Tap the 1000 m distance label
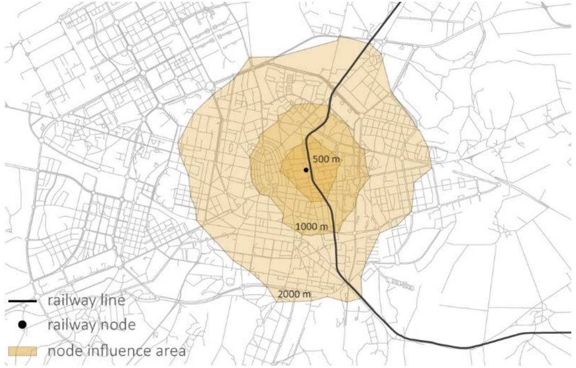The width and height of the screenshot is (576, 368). click(312, 226)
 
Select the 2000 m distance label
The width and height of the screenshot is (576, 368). click(294, 294)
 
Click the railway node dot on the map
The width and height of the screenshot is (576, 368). click(306, 170)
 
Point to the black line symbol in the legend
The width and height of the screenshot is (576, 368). click(22, 300)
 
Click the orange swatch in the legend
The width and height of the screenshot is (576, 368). click(22, 351)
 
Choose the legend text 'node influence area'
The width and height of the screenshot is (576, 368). click(116, 350)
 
